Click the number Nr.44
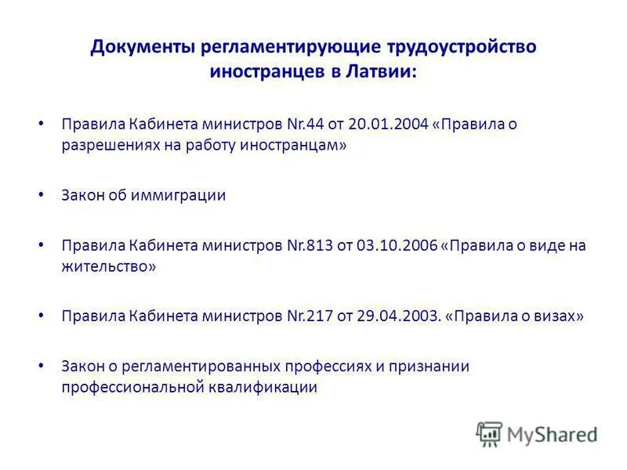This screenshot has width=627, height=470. click(305, 125)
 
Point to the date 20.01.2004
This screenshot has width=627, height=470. click(390, 125)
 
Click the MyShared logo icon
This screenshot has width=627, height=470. click(489, 433)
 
